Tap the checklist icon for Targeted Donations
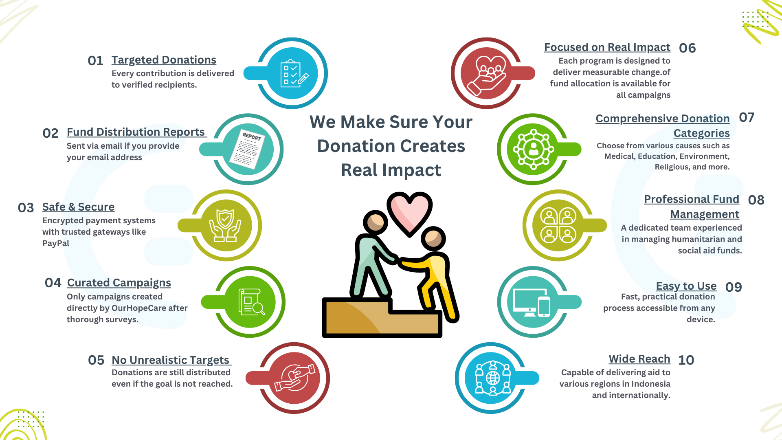click(x=294, y=74)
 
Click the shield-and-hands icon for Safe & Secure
click(x=225, y=225)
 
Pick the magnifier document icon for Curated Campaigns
click(x=251, y=302)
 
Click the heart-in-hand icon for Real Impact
click(x=486, y=74)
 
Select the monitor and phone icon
click(x=532, y=302)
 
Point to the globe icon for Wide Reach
click(x=493, y=378)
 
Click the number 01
click(x=96, y=61)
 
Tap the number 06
click(x=688, y=48)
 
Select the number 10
click(x=686, y=360)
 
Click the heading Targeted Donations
click(x=164, y=60)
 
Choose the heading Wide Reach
click(x=639, y=359)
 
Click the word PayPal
click(x=56, y=243)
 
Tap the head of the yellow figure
click(x=433, y=239)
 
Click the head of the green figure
click(x=376, y=222)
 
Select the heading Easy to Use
click(x=686, y=286)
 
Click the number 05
click(x=96, y=360)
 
